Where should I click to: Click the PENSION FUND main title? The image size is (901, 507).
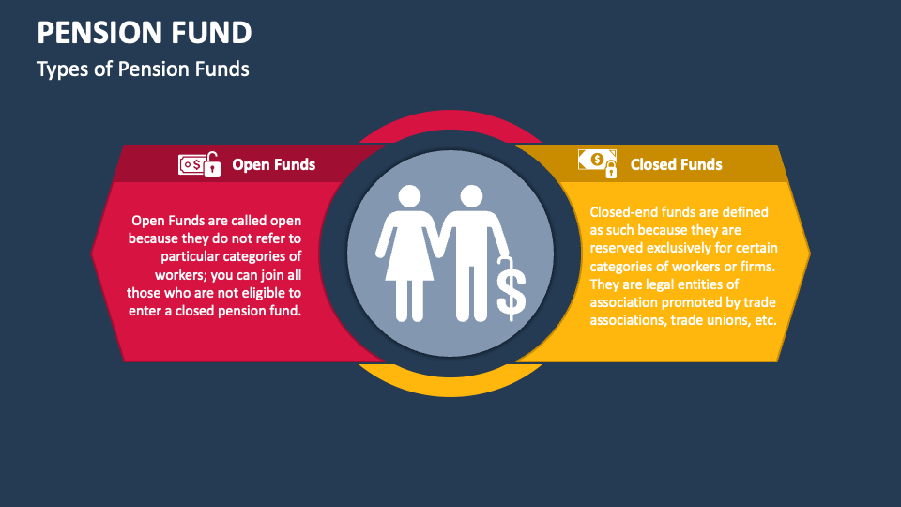[145, 34]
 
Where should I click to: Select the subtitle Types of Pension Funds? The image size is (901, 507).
[143, 69]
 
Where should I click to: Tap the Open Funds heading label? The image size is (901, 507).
[273, 165]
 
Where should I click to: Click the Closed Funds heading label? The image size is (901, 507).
[676, 165]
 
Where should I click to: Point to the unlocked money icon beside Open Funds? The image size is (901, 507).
[199, 163]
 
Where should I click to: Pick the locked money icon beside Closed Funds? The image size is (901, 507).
[598, 162]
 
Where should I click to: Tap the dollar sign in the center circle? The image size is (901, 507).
[512, 291]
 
